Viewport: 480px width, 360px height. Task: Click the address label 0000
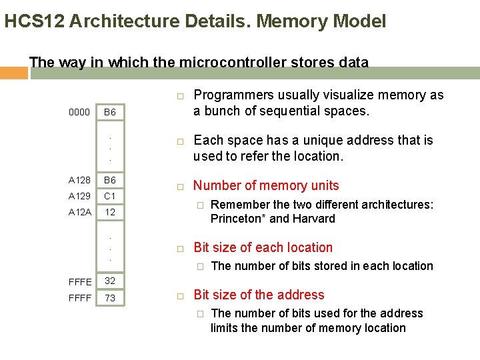click(x=79, y=113)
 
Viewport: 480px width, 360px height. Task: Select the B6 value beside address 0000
click(x=110, y=113)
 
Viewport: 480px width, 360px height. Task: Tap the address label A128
click(x=80, y=180)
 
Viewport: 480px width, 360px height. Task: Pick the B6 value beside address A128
click(x=110, y=180)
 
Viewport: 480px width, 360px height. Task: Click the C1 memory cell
click(x=110, y=196)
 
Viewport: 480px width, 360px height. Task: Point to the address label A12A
click(x=80, y=212)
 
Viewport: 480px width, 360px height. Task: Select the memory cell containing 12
click(x=110, y=212)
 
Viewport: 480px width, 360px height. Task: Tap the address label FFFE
click(x=80, y=282)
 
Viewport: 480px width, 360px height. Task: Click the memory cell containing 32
click(x=110, y=281)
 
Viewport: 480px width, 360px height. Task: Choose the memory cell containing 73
click(x=110, y=298)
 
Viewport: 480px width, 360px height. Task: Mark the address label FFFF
click(x=80, y=298)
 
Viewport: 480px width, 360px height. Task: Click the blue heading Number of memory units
click(x=266, y=185)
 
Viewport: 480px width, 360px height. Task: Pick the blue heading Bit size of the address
click(x=259, y=295)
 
